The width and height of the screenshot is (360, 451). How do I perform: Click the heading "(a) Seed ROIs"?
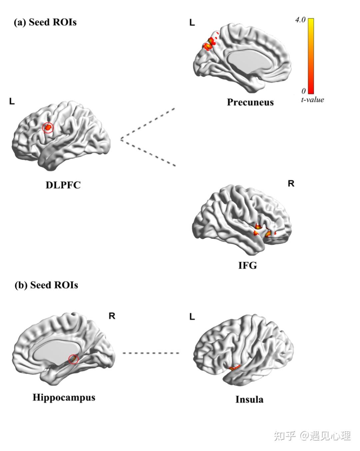click(45, 22)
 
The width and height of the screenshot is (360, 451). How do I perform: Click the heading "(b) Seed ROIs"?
click(46, 285)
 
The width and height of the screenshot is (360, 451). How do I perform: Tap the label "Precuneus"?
click(250, 102)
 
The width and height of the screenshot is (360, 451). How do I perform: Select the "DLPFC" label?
click(63, 185)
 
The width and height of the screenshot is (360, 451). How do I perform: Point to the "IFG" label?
click(247, 265)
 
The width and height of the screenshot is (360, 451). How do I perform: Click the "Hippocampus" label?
click(64, 397)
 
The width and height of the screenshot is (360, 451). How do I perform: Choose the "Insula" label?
click(249, 399)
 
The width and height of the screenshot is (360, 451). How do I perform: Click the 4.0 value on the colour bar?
click(300, 20)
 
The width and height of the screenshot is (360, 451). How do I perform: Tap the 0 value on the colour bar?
click(303, 91)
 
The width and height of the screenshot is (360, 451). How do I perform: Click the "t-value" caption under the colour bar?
click(312, 100)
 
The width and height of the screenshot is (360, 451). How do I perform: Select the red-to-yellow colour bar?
click(311, 56)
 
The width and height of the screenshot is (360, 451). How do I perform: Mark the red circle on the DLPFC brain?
click(48, 127)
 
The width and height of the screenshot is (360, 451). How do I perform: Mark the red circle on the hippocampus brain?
click(73, 359)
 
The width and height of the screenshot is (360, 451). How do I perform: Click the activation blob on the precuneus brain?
click(210, 44)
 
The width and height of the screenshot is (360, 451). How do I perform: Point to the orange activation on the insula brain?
click(234, 367)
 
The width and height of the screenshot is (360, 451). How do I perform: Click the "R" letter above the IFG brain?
click(291, 184)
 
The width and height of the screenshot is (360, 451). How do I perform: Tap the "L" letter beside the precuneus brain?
click(192, 23)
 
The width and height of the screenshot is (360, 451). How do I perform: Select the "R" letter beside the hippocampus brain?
click(112, 316)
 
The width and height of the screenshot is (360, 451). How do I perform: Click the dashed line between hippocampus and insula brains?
click(151, 353)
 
